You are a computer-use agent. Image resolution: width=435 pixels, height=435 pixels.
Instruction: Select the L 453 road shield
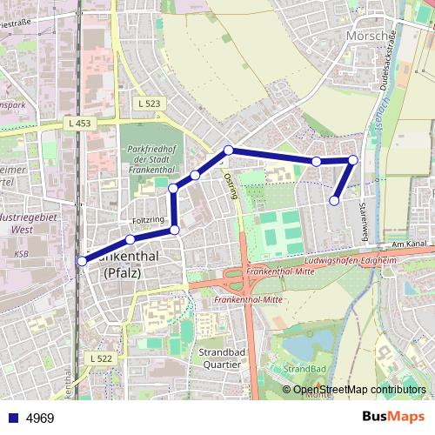tap(78, 124)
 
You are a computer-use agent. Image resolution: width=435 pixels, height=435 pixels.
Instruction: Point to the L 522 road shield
tap(101, 358)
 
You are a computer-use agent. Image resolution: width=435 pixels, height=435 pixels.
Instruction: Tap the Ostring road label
tap(231, 185)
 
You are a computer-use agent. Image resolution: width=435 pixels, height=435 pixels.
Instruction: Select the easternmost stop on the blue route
tap(353, 159)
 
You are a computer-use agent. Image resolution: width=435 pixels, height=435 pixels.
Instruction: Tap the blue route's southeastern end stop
tap(334, 201)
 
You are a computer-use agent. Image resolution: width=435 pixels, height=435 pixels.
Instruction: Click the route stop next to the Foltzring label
tap(130, 239)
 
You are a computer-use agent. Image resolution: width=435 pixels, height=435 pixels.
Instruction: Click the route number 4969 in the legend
tap(40, 418)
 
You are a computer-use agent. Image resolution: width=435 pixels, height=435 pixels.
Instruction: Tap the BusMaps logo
tap(392, 418)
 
